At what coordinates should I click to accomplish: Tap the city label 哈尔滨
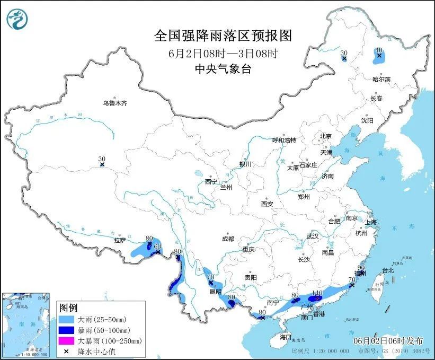(x=380, y=79)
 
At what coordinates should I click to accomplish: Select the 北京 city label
(x=325, y=136)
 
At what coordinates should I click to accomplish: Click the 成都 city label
(x=228, y=239)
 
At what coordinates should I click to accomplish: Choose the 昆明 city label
(x=215, y=292)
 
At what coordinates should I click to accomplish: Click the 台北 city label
(x=388, y=270)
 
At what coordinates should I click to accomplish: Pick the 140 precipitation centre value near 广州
(x=317, y=293)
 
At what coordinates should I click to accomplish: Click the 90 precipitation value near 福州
(x=362, y=268)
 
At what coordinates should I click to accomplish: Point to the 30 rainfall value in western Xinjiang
(x=102, y=159)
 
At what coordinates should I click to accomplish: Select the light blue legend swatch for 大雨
(x=67, y=320)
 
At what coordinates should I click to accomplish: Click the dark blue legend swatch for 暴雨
(x=67, y=330)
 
